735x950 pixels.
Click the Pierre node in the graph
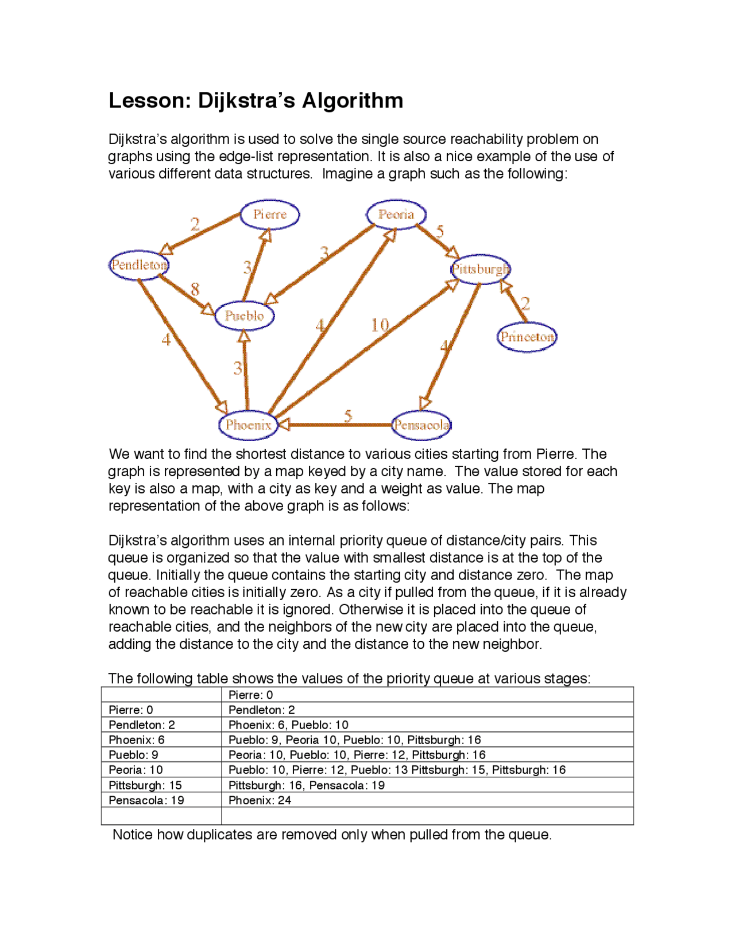point(269,215)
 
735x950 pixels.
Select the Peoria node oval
point(396,215)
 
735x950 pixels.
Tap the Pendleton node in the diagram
point(139,265)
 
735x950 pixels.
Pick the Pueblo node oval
point(244,316)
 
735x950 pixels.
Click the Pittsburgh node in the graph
point(480,269)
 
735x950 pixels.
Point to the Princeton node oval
point(527,337)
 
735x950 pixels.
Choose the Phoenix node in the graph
point(248,425)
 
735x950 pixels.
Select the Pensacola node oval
point(421,425)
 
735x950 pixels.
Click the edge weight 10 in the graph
point(380,325)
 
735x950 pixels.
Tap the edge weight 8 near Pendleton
point(195,289)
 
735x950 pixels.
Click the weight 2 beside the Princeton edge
point(525,303)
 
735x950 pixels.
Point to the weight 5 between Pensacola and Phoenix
point(348,415)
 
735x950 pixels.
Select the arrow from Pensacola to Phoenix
point(336,425)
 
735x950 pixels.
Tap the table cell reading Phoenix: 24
point(260,800)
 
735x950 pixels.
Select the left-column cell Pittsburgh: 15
point(145,785)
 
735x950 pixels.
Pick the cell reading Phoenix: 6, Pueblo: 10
point(288,725)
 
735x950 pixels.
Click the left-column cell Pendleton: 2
point(141,725)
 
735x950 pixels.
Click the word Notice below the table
point(133,835)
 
